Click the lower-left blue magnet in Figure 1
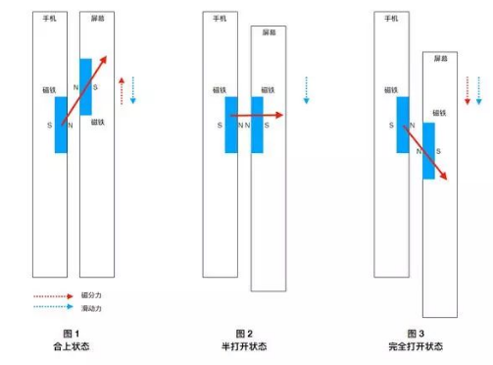click(61, 124)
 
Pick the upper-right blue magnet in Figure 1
click(85, 86)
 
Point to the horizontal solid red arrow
click(258, 116)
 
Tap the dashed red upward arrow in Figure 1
click(122, 88)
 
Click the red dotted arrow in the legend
click(53, 295)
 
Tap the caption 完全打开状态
click(416, 346)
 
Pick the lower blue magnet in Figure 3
click(429, 150)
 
